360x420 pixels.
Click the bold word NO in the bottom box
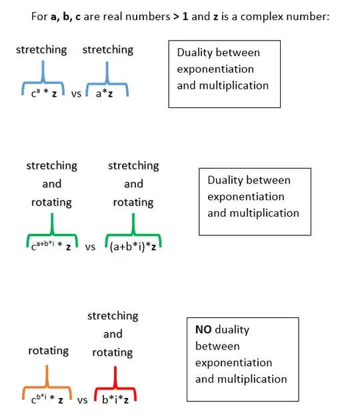pyautogui.click(x=203, y=329)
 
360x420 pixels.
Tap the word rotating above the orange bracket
pyautogui.click(x=48, y=351)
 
